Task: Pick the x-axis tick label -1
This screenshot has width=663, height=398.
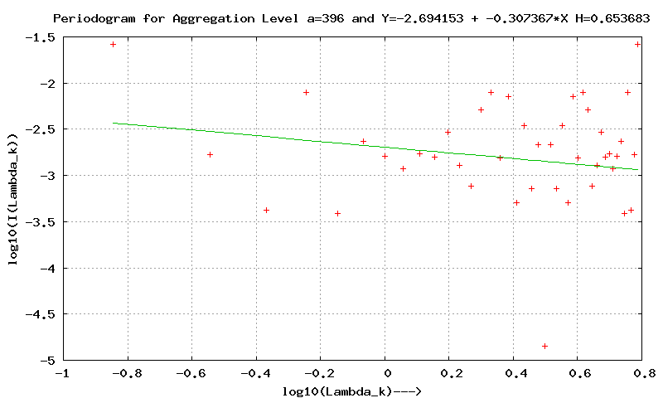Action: pos(62,374)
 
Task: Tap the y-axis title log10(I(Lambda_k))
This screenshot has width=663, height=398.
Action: pos(13,199)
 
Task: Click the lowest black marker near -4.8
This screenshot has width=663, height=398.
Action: pos(544,346)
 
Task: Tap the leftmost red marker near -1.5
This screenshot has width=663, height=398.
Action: pos(113,44)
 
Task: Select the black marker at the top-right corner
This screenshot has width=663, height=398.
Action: pos(637,44)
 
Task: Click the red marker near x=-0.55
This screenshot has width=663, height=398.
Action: pos(210,154)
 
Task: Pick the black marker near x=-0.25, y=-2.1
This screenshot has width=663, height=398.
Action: pos(306,92)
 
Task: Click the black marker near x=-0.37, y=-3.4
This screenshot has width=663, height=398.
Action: pos(266,210)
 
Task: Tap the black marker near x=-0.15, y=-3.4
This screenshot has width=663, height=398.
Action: pos(337,213)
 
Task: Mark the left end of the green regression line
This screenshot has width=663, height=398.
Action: pos(114,123)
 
